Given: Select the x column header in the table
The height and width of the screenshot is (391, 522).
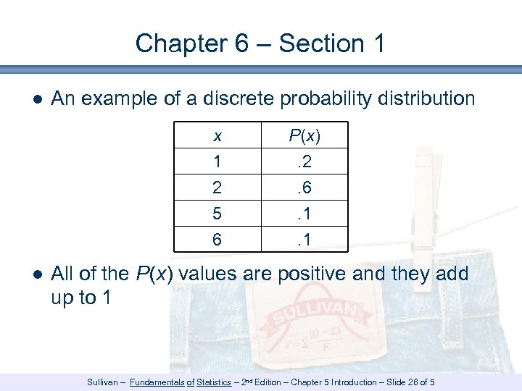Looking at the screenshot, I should click(x=217, y=136).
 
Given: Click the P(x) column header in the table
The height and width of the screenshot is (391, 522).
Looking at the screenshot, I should click(x=304, y=136).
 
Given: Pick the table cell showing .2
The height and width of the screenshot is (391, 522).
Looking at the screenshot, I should click(x=304, y=162).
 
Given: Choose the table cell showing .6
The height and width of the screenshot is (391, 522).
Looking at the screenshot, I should click(x=304, y=188).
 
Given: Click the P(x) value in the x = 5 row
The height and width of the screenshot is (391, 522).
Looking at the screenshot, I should click(x=304, y=214).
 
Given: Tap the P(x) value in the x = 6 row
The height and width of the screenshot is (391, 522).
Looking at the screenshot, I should click(x=304, y=239).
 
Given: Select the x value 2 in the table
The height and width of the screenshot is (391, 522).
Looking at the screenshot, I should click(x=217, y=188).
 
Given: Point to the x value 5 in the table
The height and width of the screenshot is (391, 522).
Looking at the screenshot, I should click(x=217, y=214).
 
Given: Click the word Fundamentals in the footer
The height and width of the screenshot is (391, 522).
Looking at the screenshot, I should click(x=157, y=382).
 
